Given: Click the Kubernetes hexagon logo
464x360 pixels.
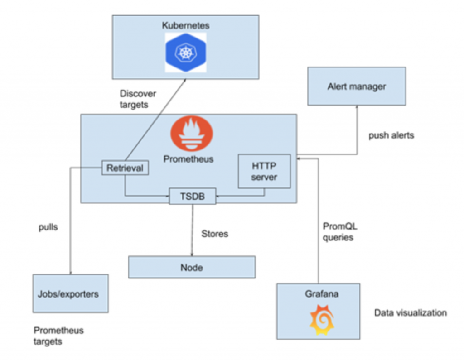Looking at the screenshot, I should (x=185, y=52).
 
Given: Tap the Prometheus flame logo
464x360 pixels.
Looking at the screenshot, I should (x=191, y=134).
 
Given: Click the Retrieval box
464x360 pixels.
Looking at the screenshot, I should (x=125, y=168).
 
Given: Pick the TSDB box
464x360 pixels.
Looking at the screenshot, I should (x=193, y=196).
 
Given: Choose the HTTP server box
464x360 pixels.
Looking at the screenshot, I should (x=264, y=171).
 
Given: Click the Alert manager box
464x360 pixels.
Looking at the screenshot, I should (x=357, y=86).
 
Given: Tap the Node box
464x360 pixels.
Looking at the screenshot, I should (x=192, y=267).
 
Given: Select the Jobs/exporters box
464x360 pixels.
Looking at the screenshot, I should (x=70, y=293).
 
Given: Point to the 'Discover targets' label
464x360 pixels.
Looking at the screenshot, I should (x=138, y=99).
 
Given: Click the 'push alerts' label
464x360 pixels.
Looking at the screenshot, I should (x=391, y=135).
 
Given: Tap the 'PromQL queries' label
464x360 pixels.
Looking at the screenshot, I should (x=338, y=231).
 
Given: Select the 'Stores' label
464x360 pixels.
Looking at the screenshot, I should (x=215, y=234).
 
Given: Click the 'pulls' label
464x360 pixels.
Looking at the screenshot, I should (x=48, y=227).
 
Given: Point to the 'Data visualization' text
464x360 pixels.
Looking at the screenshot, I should (x=410, y=313).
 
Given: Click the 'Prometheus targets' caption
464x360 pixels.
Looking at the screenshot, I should (x=58, y=336).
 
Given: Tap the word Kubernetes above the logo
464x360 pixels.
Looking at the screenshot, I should (x=185, y=25).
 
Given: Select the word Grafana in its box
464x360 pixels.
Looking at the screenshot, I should (x=321, y=294).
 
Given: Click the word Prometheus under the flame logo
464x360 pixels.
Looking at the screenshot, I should (x=188, y=159).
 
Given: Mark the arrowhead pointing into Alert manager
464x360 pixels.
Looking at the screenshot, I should (x=357, y=108).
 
